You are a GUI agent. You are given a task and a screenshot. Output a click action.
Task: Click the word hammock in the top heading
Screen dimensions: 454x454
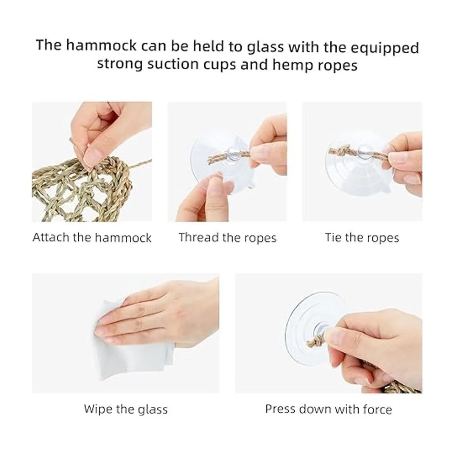pos(101,46)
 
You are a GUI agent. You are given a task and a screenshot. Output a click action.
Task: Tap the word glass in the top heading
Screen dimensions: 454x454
pos(265,48)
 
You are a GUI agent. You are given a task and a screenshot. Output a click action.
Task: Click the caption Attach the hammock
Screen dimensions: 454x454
pos(92,238)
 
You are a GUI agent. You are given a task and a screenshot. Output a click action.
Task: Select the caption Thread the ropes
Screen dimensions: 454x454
pos(227,238)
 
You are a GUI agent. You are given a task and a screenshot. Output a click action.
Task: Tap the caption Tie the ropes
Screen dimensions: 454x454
pos(362,238)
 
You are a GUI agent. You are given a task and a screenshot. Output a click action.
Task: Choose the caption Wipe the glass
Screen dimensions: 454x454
pos(126,409)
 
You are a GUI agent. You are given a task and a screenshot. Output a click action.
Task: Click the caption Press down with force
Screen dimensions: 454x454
pos(328,409)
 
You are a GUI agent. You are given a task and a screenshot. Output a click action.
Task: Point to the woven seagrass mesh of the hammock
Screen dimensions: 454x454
pos(80,191)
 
